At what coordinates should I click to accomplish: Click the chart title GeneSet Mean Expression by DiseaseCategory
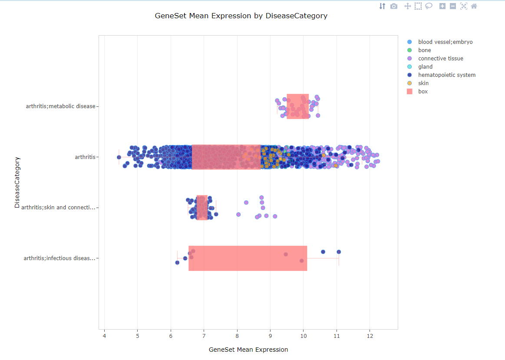tap(241, 16)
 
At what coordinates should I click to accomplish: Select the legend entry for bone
tap(424, 50)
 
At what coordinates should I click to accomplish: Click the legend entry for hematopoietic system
tap(446, 75)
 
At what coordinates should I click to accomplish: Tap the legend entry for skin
tap(423, 83)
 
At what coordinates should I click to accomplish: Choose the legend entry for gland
tap(425, 67)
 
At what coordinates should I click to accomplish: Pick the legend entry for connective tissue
tap(440, 59)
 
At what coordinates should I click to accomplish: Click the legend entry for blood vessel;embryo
tap(445, 42)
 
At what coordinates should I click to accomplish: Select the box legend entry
tap(422, 92)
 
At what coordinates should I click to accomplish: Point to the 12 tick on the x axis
tap(370, 336)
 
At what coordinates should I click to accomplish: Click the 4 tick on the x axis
tap(104, 336)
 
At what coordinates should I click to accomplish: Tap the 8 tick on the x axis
tap(237, 336)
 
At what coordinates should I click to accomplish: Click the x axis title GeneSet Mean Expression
tap(248, 350)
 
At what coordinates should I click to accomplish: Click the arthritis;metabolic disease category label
tap(60, 106)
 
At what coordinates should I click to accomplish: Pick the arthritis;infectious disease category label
tap(59, 258)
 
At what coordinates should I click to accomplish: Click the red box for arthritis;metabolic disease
tap(297, 106)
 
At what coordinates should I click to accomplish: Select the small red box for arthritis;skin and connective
tap(202, 208)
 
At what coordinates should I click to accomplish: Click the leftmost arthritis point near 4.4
tap(119, 157)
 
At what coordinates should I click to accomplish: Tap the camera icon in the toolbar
tap(394, 6)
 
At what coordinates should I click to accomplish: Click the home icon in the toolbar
tap(474, 6)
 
